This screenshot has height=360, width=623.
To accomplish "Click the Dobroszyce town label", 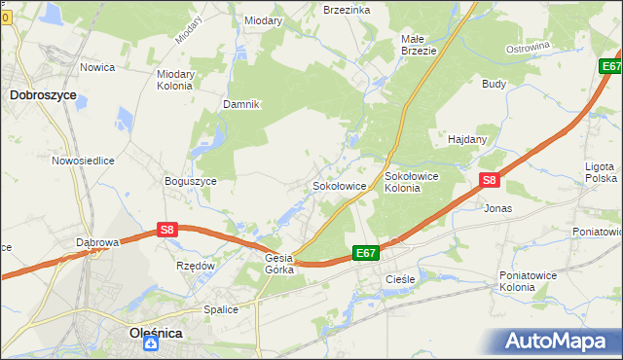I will pos(43,95).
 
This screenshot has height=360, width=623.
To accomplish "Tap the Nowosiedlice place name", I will pos(84,161).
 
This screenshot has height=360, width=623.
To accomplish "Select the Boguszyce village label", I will pos(191,180).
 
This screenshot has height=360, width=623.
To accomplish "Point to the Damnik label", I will pos(241,104).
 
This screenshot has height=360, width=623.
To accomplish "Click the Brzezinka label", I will pos(347,9).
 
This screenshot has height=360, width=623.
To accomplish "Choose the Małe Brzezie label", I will pos(419,45).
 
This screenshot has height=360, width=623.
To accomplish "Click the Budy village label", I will pos(494,84).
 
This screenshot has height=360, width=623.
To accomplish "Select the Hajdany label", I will pos(467,139).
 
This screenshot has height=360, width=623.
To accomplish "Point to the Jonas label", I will pos(497,208).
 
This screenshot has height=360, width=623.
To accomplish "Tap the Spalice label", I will pos(221,309).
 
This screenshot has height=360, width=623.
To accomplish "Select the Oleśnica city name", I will pos(156,333).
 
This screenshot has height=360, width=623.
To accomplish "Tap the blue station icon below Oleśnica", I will pos(154,346).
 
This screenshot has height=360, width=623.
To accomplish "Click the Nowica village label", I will pos(97,67).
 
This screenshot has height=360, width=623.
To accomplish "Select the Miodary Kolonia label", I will pos(174,79).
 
